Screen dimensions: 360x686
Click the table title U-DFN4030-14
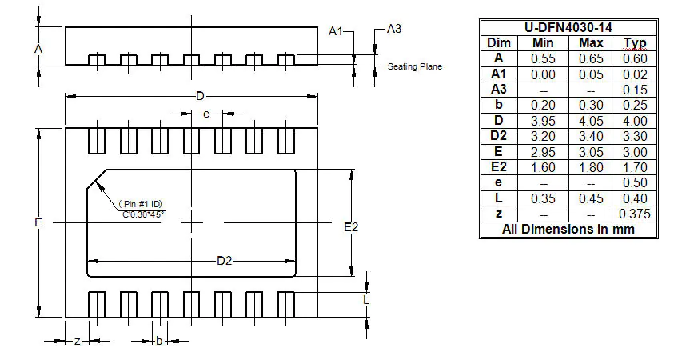coord(568,27)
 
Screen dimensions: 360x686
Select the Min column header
coord(543,42)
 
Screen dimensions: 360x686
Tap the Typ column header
coord(635,42)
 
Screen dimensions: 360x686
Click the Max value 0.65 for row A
coord(591,58)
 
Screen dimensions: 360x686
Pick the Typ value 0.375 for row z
coord(635,214)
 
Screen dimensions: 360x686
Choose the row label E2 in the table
coord(499,166)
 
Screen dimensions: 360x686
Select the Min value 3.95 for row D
coord(543,120)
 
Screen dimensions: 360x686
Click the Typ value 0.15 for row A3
coord(635,89)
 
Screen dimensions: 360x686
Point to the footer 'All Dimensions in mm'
coord(568,230)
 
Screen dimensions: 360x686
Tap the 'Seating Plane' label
coord(414,66)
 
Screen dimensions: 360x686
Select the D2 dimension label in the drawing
coord(225,261)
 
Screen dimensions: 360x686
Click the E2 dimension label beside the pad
coord(351,228)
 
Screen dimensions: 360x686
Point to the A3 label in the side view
coord(393,29)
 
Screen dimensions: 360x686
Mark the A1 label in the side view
coord(337,30)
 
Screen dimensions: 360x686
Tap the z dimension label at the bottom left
coord(76,341)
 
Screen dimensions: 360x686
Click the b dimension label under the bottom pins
coord(159,341)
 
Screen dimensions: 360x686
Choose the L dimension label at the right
coord(367,300)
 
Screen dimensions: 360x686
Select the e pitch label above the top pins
coord(206,114)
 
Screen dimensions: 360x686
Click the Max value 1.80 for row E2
coord(591,166)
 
